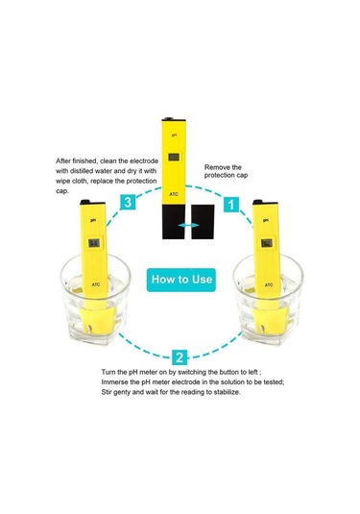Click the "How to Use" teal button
[x=181, y=280]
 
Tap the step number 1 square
[x=231, y=205]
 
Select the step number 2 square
[x=180, y=357]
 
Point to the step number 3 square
[x=128, y=202]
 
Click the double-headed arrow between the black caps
[x=189, y=225]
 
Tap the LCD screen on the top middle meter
[x=174, y=157]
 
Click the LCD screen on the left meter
[x=94, y=243]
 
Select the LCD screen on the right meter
[x=267, y=243]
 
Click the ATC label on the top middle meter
[x=174, y=194]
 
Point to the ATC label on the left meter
[x=96, y=284]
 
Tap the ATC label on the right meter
[x=269, y=285]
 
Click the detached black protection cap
[x=203, y=222]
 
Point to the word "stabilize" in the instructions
[x=227, y=392]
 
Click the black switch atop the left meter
[x=84, y=202]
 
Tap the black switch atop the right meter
[x=257, y=202]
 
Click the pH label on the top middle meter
[x=175, y=135]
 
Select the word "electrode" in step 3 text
[x=144, y=161]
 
